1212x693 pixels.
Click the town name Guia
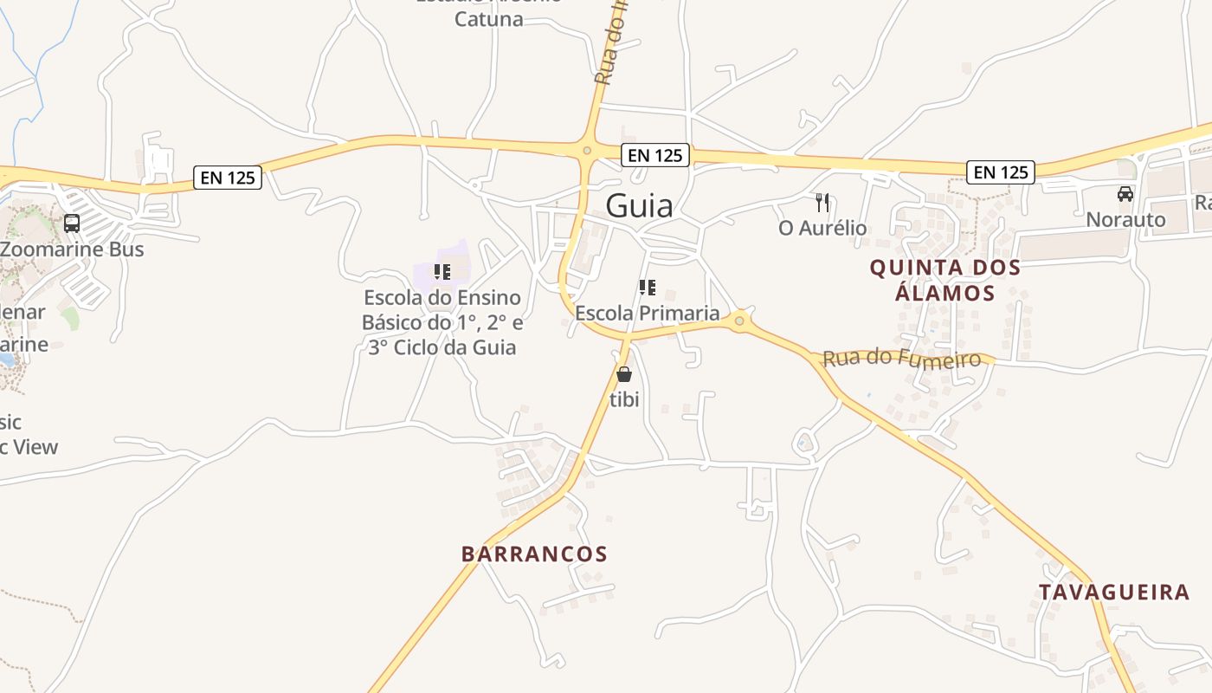(639, 205)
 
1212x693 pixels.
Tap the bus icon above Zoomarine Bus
(72, 223)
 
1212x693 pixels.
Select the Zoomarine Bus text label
(72, 249)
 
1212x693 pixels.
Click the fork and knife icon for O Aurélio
(822, 203)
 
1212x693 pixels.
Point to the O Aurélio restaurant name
(822, 229)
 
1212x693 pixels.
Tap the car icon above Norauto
(1125, 194)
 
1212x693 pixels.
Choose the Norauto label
(1126, 220)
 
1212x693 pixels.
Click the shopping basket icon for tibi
(623, 374)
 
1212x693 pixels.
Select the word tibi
(624, 400)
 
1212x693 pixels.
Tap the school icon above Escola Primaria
(647, 288)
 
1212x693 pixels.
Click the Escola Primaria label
(648, 313)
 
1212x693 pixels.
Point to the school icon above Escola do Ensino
(442, 272)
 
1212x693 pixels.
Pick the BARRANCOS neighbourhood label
(534, 554)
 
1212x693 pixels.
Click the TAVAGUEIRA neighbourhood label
(1114, 593)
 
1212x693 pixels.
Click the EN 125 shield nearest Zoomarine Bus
(228, 178)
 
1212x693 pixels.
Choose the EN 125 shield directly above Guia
(655, 155)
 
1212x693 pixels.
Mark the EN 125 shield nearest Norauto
(1001, 172)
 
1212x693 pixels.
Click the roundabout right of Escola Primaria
(738, 321)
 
